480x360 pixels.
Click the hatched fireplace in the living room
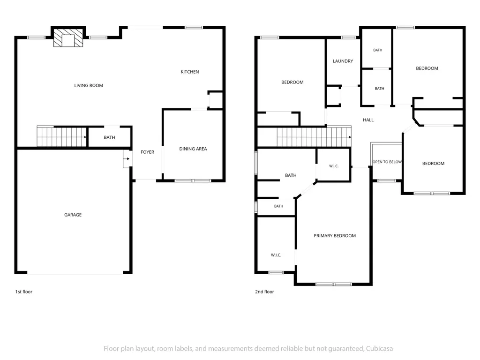point(68,37)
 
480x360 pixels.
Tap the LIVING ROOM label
point(89,85)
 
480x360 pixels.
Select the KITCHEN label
point(190,72)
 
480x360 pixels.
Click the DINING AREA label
point(193,149)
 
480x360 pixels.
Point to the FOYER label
point(147,152)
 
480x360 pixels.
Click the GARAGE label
point(73,215)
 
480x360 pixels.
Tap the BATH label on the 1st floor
point(109,137)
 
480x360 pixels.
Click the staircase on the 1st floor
point(62,136)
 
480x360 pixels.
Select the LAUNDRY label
point(343,61)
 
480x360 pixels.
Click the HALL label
point(368,120)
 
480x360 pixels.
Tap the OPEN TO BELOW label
point(387,162)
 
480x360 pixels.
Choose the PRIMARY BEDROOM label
point(335,236)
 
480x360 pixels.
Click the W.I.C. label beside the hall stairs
point(334,166)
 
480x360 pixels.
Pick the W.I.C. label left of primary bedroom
point(276,255)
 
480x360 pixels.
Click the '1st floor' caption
point(24,292)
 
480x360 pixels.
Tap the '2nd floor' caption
point(264,292)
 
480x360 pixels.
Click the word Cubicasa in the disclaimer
point(379,349)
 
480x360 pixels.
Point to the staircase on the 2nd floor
point(314,136)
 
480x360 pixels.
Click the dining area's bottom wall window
point(193,181)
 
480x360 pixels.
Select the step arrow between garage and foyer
point(127,158)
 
